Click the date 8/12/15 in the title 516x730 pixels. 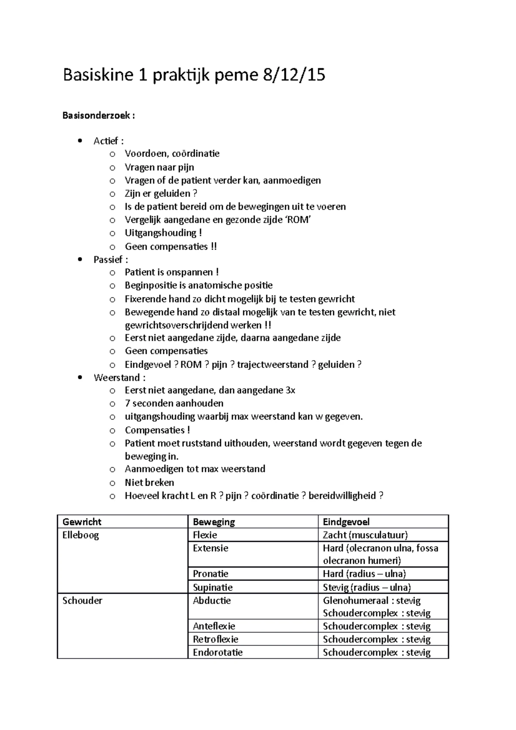point(293,75)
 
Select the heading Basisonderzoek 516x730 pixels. point(98,116)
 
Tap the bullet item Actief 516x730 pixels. point(108,141)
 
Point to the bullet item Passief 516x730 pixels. point(111,260)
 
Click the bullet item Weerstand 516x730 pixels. point(119,378)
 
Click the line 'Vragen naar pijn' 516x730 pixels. point(159,167)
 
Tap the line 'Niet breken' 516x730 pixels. point(149,482)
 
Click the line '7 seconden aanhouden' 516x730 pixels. point(174,403)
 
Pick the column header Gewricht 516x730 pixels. point(82,522)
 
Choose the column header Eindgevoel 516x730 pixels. point(346,522)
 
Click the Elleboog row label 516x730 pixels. point(80,535)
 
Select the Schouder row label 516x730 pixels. point(82,601)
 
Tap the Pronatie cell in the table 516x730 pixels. point(210,574)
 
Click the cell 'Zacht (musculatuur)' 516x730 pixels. point(365,535)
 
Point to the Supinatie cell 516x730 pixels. point(212,587)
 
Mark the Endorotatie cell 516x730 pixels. point(218,653)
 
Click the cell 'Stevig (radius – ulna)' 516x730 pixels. point(367,587)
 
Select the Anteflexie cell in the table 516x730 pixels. point(214,626)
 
